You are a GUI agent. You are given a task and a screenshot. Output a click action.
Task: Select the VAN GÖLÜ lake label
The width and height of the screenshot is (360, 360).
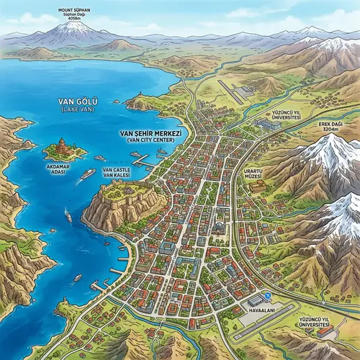coord(78,103)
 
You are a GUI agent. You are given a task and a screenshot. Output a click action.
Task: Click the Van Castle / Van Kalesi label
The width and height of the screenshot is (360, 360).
coord(117,171)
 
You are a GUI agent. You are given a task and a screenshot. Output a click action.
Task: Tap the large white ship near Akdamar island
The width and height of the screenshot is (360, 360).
coord(87,174)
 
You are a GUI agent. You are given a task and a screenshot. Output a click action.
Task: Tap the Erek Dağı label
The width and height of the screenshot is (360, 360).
coord(336,123)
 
